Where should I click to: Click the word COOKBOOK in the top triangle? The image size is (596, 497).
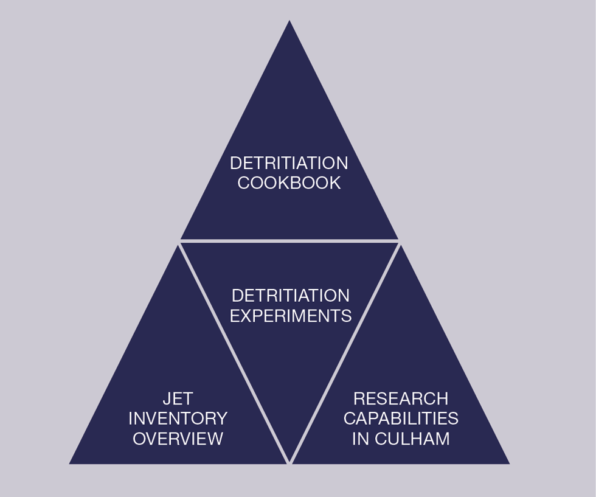[x=289, y=183]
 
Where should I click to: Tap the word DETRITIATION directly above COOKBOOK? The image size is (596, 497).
[x=289, y=163]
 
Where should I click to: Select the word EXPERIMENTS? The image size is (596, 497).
[x=291, y=316]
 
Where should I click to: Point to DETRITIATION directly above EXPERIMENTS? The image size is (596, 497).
[x=291, y=296]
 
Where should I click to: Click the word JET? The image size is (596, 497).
[x=178, y=398]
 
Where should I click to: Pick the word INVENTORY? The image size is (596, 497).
[x=178, y=419]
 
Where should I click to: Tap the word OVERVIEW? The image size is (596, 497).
[x=178, y=439]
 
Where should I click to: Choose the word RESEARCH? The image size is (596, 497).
[x=401, y=398]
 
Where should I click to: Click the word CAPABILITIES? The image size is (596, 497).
[x=401, y=419]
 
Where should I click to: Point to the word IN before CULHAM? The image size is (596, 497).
[x=360, y=439]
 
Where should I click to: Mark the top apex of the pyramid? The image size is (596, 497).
[x=289, y=22]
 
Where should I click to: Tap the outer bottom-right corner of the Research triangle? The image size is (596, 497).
[x=508, y=463]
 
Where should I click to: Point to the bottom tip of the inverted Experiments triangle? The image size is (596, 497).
[x=289, y=462]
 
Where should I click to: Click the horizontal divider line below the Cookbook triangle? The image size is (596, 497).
[x=289, y=242]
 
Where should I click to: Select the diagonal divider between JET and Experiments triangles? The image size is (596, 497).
[x=234, y=353]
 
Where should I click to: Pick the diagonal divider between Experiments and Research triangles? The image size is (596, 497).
[x=345, y=353]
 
